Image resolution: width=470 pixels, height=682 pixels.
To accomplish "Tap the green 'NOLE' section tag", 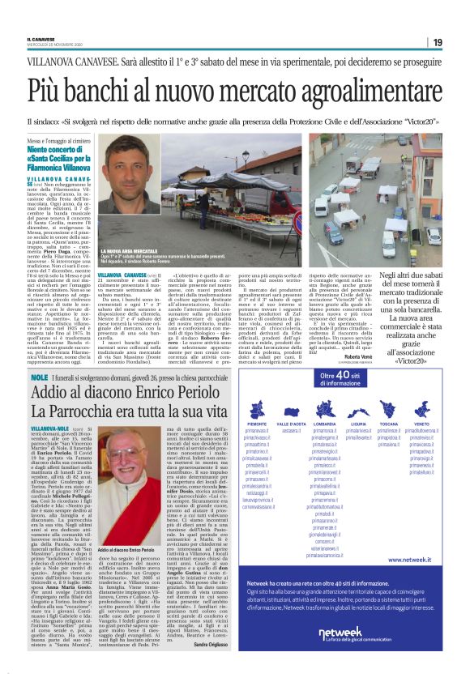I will [x=37, y=377].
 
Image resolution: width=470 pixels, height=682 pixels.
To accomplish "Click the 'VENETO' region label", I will [x=422, y=424].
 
